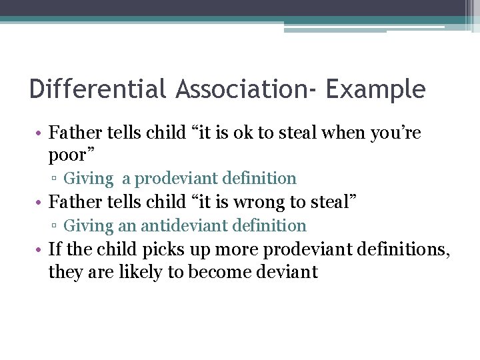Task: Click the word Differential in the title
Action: pos(98,89)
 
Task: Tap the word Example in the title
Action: pos(375,89)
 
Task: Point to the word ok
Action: pos(241,133)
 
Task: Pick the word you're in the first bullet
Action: pos(392,133)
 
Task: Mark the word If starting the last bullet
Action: pos(55,250)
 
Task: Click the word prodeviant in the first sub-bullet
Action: pos(176,179)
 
